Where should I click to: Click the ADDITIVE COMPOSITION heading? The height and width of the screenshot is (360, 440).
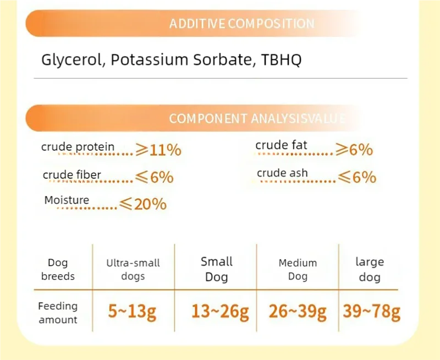tap(242, 24)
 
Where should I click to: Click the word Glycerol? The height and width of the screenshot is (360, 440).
tap(71, 61)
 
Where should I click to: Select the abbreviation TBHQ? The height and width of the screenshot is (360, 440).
tap(281, 59)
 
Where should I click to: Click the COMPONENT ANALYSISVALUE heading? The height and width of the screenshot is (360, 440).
tap(257, 118)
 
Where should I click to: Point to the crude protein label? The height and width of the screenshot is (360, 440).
tap(78, 147)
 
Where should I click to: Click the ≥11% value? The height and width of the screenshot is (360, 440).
tap(158, 150)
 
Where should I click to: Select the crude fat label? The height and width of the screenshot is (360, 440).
tap(281, 145)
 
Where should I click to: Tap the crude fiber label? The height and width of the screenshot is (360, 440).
tap(72, 175)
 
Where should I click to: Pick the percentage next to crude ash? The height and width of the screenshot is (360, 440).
tap(357, 177)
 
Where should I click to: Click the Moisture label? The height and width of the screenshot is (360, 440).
tap(67, 200)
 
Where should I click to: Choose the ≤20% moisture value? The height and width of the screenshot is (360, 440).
tap(143, 204)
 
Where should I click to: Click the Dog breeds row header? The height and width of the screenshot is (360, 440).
tap(58, 269)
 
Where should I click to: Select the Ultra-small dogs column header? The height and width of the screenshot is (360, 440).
tap(133, 269)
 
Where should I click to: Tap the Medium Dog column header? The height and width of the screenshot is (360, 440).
tap(298, 269)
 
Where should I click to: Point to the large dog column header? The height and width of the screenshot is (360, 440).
tap(370, 269)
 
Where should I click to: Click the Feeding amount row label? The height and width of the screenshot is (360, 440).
tap(58, 313)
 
